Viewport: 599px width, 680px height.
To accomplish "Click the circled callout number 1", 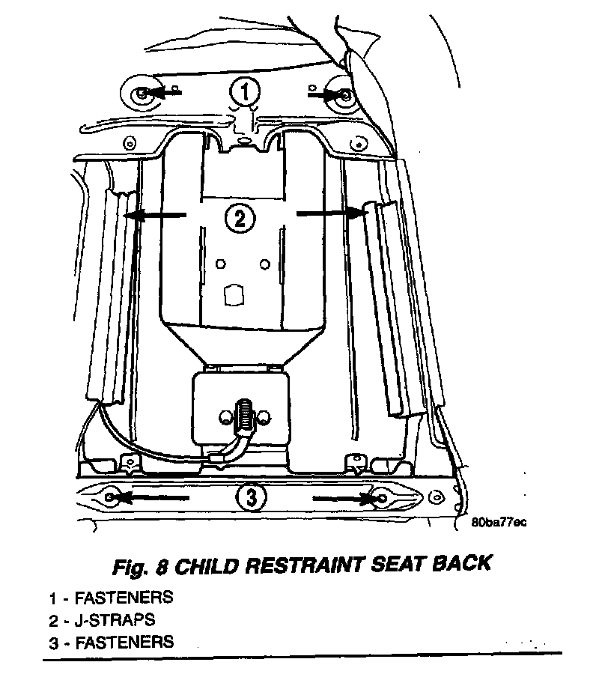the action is (x=244, y=93).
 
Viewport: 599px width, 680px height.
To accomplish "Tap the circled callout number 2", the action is (x=240, y=218).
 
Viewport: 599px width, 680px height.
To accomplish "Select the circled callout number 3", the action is (x=249, y=497).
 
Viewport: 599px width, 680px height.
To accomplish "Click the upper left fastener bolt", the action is (x=142, y=93).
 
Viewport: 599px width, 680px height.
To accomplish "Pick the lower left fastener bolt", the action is (x=112, y=496).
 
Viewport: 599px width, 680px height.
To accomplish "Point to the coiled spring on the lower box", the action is (x=243, y=416).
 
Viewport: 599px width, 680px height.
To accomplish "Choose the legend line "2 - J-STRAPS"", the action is (x=102, y=619).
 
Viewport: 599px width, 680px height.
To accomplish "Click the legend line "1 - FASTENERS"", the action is (x=112, y=598).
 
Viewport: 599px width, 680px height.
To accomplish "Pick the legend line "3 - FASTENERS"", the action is (x=112, y=641).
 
